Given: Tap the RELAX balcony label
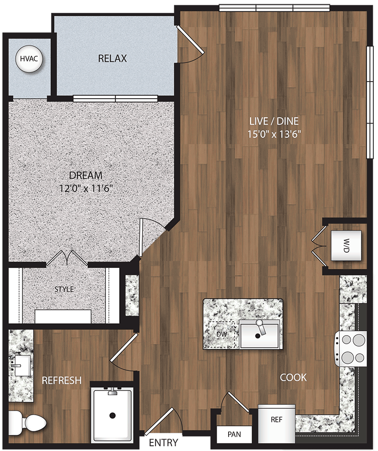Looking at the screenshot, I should tap(112, 59).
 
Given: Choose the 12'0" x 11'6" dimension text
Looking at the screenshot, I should tap(85, 188).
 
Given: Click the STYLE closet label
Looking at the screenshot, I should tap(64, 289).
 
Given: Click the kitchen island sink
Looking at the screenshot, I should tap(259, 334).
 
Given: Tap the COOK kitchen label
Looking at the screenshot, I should tap(293, 378).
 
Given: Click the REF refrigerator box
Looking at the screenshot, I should tap(276, 420).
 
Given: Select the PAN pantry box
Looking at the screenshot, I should tap(234, 434).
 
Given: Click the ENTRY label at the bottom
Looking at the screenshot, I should tap(164, 442).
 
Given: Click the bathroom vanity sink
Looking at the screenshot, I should tap(19, 367).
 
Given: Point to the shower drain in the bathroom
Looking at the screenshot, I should tap(113, 415).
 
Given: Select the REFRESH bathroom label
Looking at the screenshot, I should tap(62, 380).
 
